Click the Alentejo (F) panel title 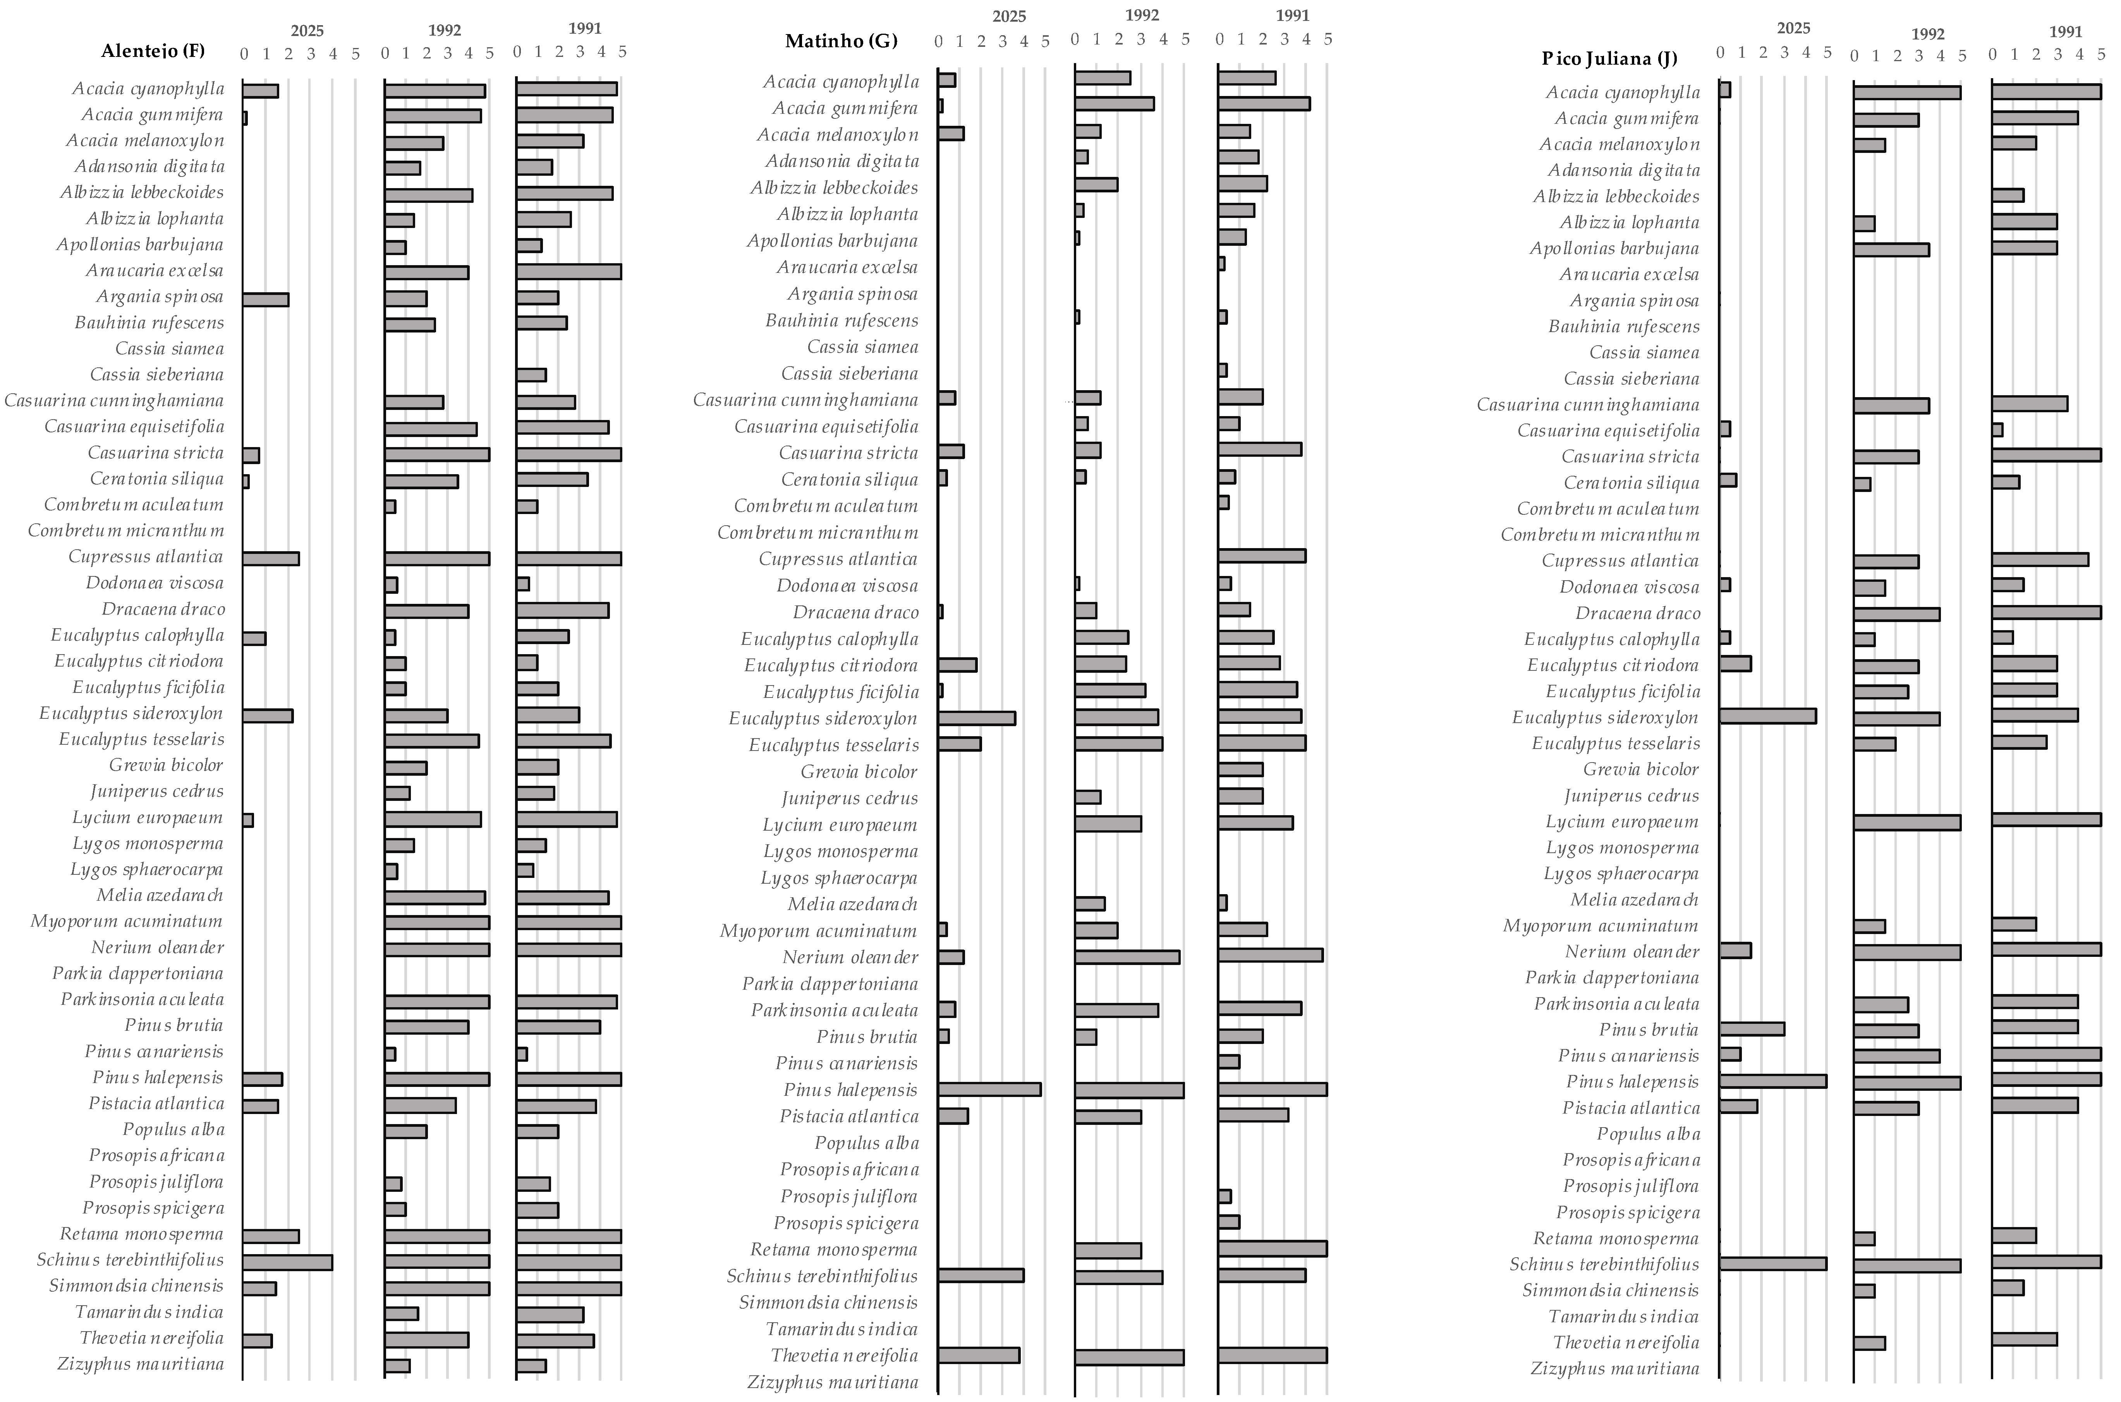153,50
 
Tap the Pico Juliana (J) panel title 1608,59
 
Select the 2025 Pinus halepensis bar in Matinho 989,1089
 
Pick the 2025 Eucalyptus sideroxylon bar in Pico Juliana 1768,716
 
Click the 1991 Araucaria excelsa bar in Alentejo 569,272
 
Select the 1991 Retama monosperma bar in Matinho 1272,1248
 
